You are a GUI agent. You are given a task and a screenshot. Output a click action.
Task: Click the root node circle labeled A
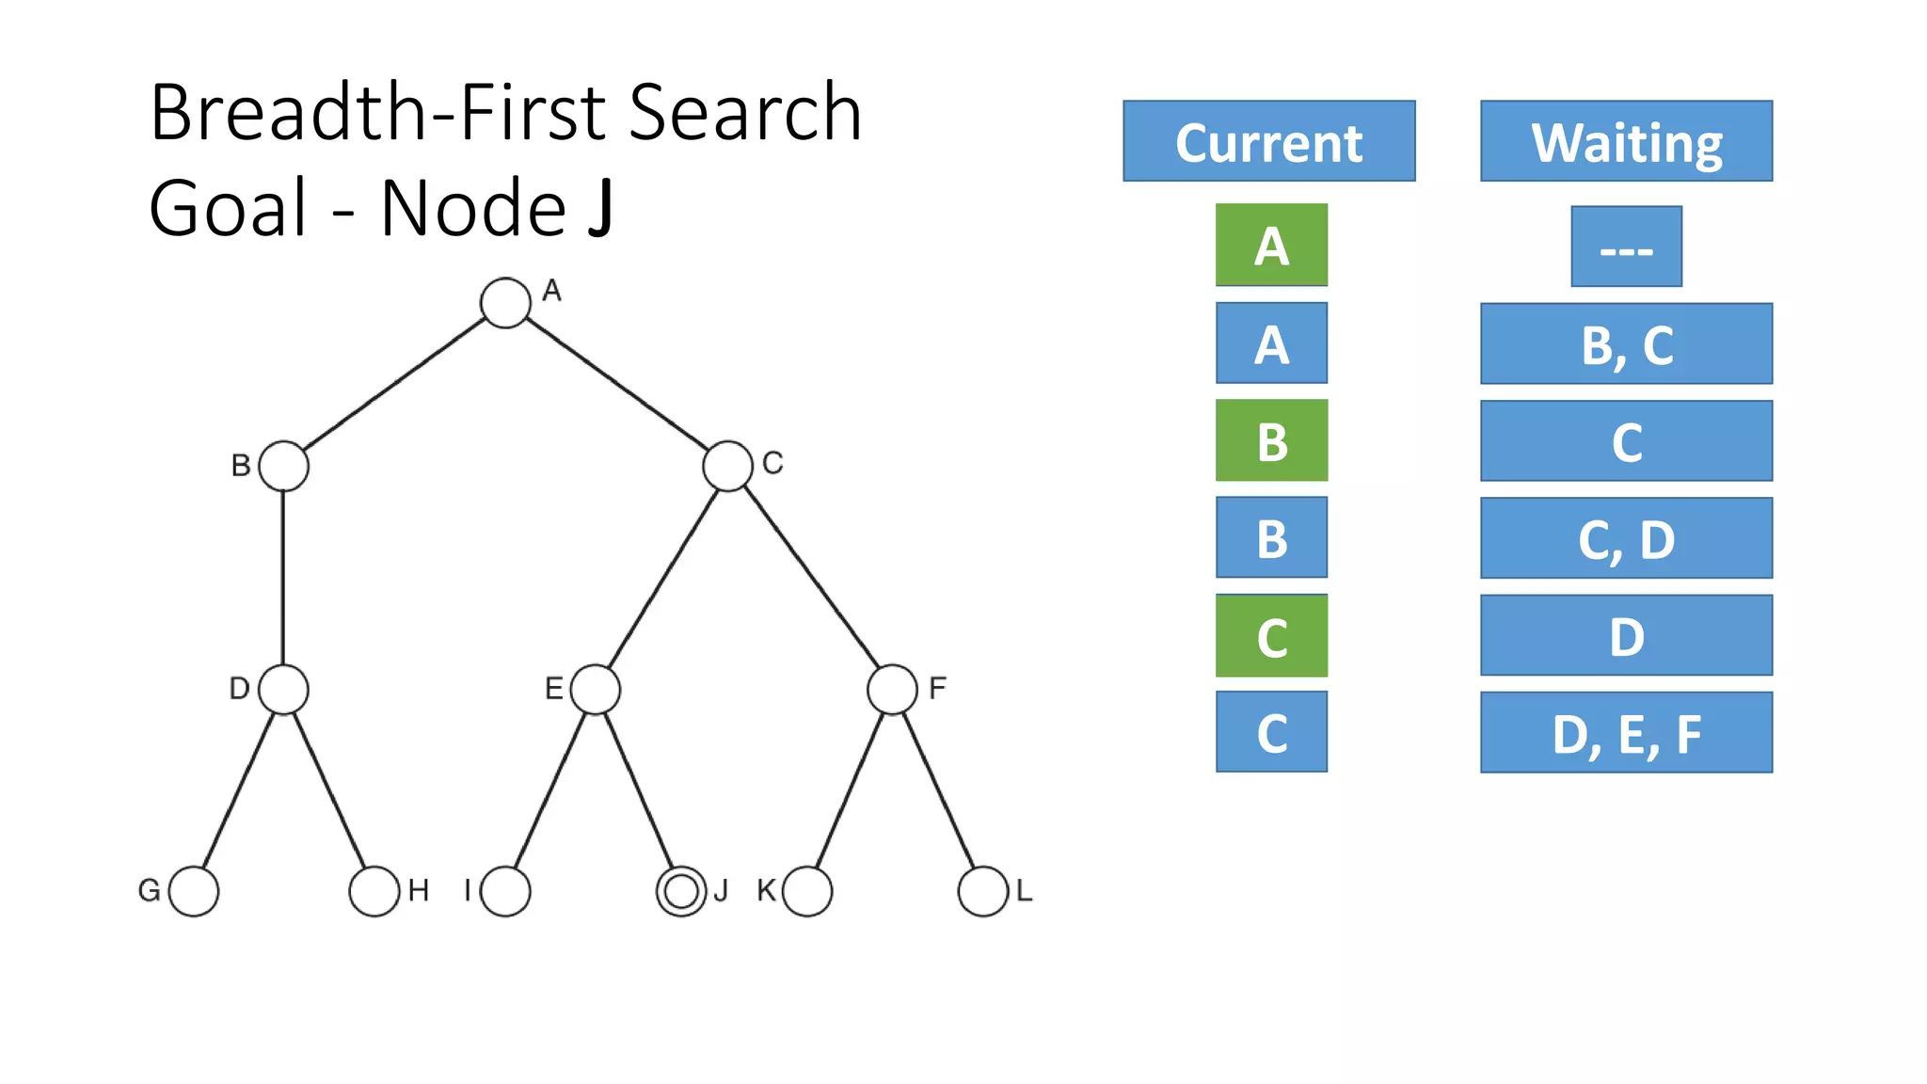505,303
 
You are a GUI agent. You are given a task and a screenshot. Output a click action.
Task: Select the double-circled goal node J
681,891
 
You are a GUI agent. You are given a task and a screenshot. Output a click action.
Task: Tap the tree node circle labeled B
283,466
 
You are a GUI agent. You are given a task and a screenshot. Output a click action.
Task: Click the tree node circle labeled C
727,466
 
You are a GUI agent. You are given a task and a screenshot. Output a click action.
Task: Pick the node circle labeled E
596,690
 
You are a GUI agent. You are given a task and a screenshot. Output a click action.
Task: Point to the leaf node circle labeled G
194,891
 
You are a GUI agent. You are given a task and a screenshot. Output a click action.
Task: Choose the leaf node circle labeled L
983,891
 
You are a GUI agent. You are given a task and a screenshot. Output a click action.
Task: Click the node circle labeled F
892,690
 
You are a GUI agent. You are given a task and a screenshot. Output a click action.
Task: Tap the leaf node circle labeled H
374,891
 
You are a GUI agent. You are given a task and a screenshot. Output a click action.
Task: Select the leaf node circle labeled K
807,891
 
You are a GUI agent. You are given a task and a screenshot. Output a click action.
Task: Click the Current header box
1268,141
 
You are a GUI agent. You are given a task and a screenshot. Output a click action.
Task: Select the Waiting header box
1626,141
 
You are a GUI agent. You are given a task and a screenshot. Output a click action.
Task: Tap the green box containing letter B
1271,440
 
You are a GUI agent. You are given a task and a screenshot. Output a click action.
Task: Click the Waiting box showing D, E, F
1626,732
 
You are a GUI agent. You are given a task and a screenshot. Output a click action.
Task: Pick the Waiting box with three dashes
1626,247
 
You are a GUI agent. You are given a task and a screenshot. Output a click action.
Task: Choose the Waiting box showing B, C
1626,343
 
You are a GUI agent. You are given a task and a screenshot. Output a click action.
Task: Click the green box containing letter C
1271,635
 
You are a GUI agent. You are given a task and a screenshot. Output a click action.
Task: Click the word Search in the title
744,113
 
